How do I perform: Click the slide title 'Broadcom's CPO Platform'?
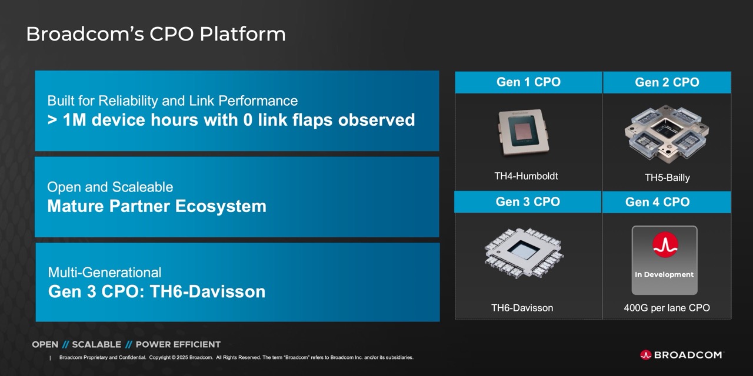[x=156, y=34]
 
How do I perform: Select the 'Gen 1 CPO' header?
[x=528, y=82]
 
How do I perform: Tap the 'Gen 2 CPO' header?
[x=667, y=82]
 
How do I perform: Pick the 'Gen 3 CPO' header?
[x=528, y=202]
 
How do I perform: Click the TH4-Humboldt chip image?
[x=524, y=133]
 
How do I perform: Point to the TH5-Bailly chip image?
[x=667, y=133]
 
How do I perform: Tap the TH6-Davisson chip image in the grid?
[x=524, y=253]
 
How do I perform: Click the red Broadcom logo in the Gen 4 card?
[x=665, y=245]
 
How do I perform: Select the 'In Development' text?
[x=664, y=274]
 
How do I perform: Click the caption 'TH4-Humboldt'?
[x=526, y=176]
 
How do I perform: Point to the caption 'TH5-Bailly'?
[x=667, y=177]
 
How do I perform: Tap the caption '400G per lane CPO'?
[x=667, y=308]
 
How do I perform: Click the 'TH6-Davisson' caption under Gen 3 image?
[x=522, y=308]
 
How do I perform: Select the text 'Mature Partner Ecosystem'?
[x=156, y=206]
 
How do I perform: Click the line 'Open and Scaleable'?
[x=110, y=187]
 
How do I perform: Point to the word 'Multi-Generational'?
[x=105, y=272]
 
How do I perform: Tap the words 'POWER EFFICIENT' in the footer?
[x=178, y=344]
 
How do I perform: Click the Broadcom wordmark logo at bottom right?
[x=681, y=355]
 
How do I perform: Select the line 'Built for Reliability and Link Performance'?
[x=172, y=100]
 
